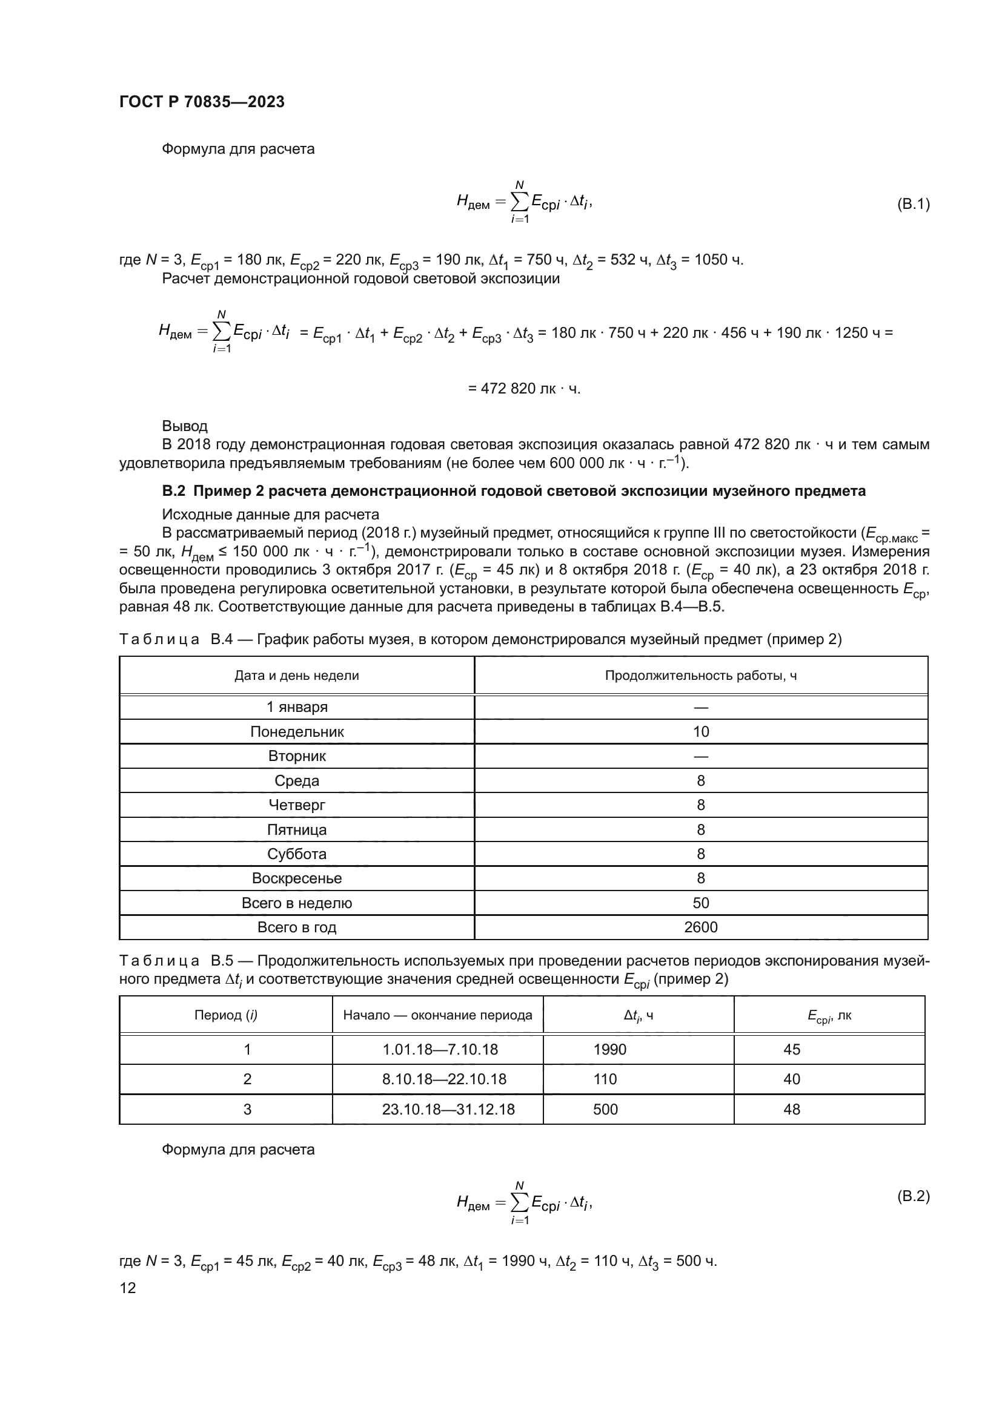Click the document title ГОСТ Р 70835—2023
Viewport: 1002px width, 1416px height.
pos(202,102)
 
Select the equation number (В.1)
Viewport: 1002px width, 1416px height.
pos(912,204)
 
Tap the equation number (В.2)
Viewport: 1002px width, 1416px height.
pos(912,1196)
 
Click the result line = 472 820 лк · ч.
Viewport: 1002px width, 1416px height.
pos(524,389)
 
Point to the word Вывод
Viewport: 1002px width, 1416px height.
pos(185,426)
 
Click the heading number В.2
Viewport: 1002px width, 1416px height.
pos(173,491)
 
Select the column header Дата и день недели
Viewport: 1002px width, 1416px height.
pos(296,676)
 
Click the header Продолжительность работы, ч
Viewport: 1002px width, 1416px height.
pos(700,676)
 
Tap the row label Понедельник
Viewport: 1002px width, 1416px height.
pos(297,731)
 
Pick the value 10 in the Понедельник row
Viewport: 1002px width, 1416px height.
pos(701,731)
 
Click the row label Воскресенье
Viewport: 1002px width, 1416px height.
pos(297,878)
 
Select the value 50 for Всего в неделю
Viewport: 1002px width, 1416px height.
pos(701,903)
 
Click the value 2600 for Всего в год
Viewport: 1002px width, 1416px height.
pos(701,927)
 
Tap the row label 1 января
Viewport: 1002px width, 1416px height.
pos(297,706)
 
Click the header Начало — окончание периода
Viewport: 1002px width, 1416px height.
pos(437,1015)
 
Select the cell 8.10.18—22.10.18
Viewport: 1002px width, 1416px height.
pos(443,1079)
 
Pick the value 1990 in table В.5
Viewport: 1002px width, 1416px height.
pos(609,1049)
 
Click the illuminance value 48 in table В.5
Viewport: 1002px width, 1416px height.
pos(792,1110)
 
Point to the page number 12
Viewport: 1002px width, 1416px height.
pos(128,1287)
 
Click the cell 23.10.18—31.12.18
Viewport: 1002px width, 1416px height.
pos(448,1110)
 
